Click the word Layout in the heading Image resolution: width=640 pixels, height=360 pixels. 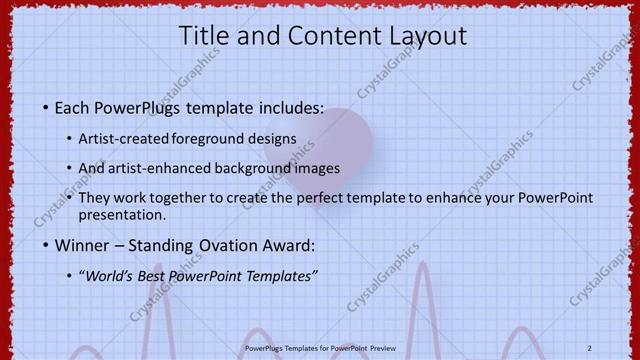426,36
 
